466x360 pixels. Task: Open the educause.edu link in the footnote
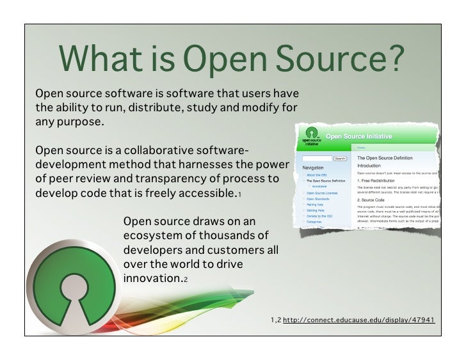[x=358, y=318]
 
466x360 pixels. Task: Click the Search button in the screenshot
[x=340, y=158]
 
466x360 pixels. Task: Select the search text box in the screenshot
[x=317, y=158]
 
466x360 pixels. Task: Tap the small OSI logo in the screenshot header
[x=311, y=137]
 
